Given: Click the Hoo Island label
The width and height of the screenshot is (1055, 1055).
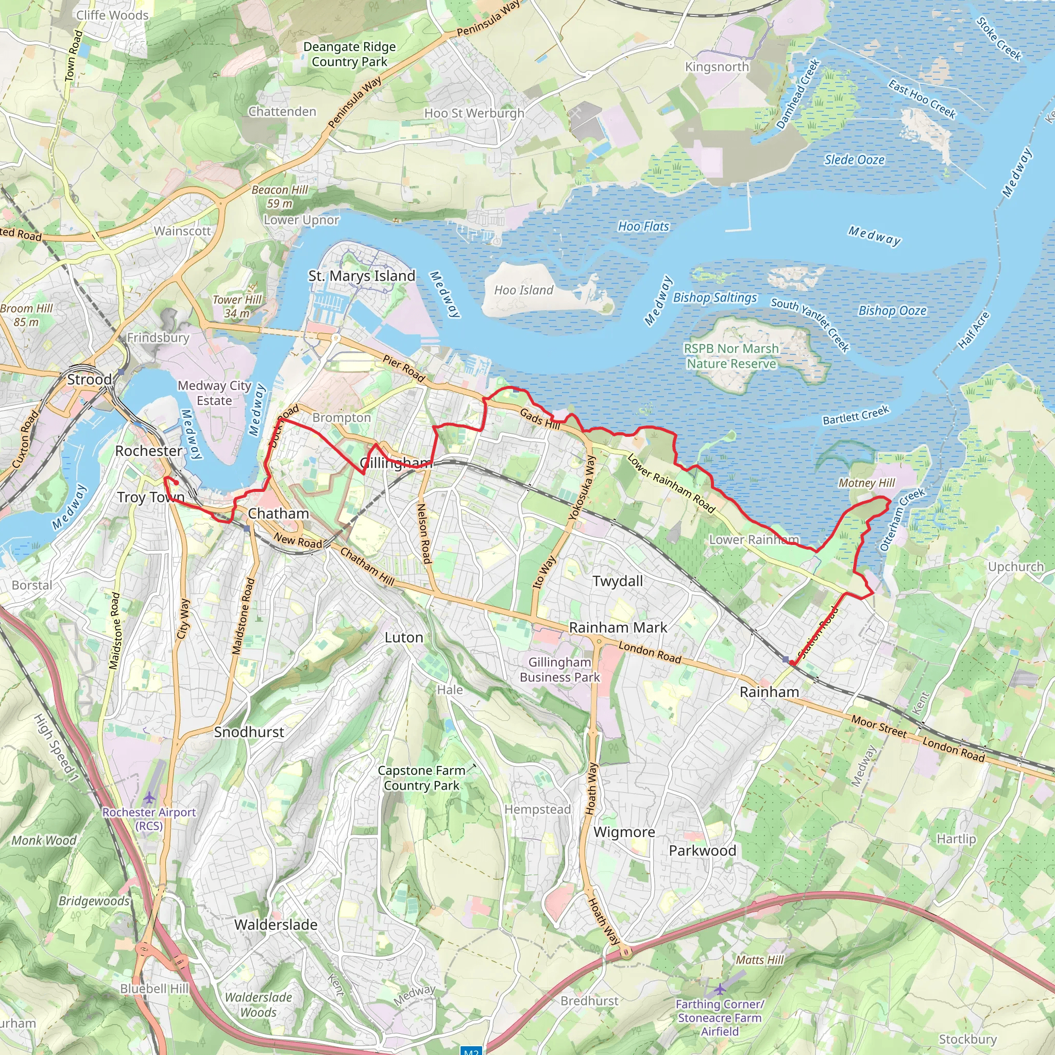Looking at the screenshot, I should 523,290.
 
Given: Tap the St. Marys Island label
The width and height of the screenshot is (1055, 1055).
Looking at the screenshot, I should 362,276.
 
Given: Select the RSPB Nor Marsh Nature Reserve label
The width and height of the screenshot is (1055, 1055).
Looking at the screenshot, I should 731,356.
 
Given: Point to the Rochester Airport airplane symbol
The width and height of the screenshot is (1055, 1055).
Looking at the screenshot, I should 149,797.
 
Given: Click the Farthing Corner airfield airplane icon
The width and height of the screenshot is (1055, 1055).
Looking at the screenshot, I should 720,989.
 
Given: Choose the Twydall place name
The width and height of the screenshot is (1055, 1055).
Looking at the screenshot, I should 618,581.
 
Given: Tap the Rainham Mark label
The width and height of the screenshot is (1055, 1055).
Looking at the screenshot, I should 618,627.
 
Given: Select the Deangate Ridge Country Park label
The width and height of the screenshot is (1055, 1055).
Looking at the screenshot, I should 349,54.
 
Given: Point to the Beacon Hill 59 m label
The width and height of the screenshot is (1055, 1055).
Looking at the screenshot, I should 280,197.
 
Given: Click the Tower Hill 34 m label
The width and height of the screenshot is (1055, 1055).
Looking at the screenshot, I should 237,307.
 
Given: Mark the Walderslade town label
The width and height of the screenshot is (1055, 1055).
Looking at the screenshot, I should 276,925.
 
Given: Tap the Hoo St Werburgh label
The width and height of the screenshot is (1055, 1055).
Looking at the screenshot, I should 474,113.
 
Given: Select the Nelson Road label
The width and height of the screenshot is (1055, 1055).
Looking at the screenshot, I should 423,534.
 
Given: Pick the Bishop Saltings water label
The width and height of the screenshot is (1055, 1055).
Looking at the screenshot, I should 714,298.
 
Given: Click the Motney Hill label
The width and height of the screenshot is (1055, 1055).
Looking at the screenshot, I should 866,483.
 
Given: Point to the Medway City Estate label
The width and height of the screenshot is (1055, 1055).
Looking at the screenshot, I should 214,393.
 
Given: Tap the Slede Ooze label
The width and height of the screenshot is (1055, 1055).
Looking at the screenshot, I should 854,160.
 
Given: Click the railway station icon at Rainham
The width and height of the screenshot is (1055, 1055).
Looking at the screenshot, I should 785,660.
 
